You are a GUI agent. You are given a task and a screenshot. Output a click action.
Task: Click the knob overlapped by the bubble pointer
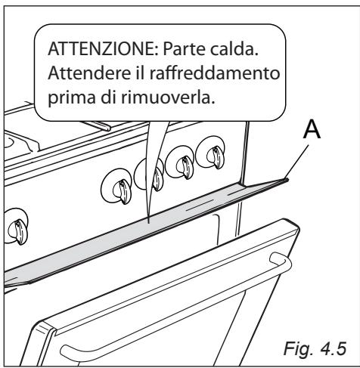[x=154, y=178]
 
